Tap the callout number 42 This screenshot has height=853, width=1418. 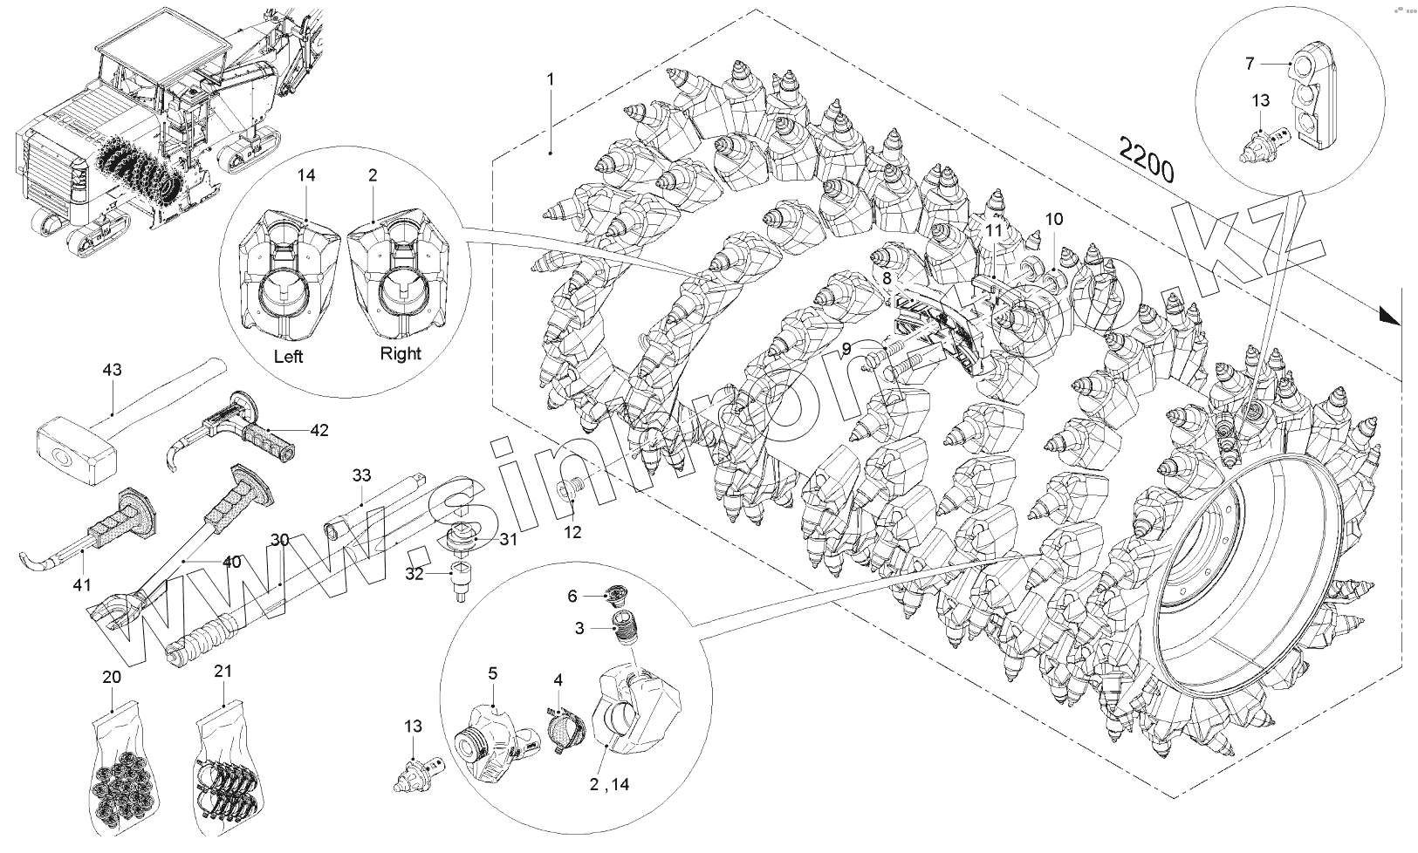pos(319,431)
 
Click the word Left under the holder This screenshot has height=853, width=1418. pos(288,358)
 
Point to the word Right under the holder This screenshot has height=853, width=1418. pos(401,353)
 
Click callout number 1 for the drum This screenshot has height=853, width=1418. pos(551,78)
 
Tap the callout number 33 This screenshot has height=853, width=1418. pos(362,475)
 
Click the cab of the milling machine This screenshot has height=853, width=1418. pos(140,65)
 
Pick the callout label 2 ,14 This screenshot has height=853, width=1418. pos(609,784)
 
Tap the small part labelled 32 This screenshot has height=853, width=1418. pos(458,580)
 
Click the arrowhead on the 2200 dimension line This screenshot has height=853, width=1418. pos(1389,317)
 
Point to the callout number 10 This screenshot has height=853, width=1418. pos(1054,219)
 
